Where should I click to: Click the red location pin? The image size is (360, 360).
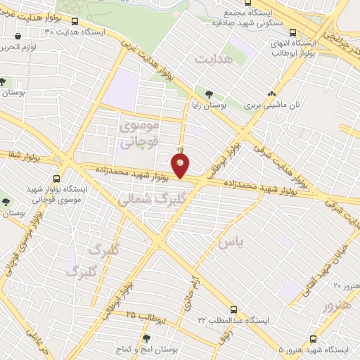(181, 166)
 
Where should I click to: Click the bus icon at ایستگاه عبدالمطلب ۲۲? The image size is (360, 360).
(233, 309)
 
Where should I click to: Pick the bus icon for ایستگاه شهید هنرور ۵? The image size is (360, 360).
(314, 338)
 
